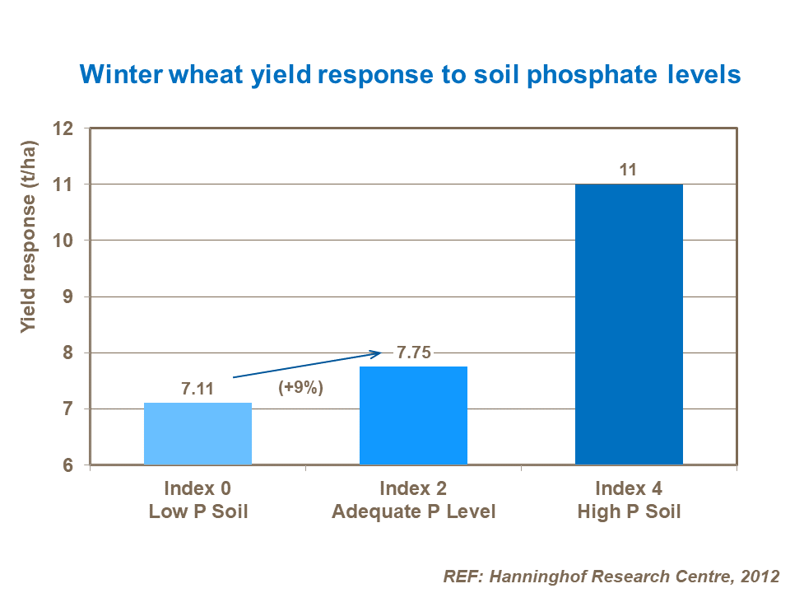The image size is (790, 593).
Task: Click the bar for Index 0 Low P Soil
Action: tap(197, 434)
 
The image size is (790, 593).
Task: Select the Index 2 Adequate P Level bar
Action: tap(413, 416)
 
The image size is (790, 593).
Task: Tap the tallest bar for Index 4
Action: tap(629, 325)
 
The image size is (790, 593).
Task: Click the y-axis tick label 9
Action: tap(69, 296)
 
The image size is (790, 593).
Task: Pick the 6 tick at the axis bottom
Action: tap(69, 466)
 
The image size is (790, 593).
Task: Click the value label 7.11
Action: tap(197, 389)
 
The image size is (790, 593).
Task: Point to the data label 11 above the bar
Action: tap(629, 170)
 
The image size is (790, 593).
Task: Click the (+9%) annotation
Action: tap(301, 388)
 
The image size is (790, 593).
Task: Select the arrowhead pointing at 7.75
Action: tap(377, 354)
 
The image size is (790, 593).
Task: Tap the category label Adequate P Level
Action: tap(413, 512)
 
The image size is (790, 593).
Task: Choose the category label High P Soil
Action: tap(629, 512)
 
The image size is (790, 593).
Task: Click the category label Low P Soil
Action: tap(197, 512)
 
